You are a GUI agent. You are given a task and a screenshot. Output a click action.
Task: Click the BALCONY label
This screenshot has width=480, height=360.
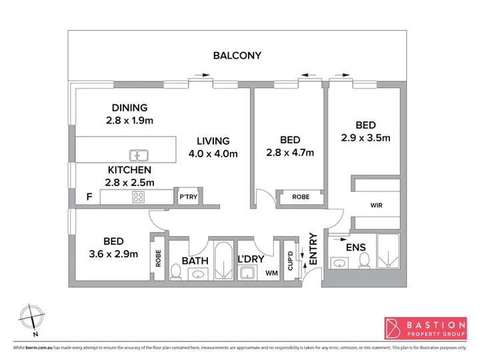tap(237, 55)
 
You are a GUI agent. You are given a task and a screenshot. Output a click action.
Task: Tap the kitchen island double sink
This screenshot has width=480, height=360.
tap(139, 155)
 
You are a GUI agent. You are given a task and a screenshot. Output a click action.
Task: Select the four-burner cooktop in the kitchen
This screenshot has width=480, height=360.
tap(139, 197)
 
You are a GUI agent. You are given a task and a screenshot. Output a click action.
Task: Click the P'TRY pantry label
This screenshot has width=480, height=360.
tap(188, 197)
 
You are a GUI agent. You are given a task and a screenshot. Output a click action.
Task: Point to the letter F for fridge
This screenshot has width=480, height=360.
tap(89, 197)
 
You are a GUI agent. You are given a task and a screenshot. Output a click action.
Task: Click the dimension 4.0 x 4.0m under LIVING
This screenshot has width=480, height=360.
tap(213, 153)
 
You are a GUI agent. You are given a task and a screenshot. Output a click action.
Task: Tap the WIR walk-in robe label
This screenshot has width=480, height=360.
tap(376, 205)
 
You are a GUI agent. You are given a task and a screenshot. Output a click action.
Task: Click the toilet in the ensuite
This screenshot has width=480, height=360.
tap(364, 261)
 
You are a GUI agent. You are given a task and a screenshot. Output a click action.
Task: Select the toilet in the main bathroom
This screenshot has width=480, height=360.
tap(175, 271)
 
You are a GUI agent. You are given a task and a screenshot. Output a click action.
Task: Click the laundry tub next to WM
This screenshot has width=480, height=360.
tap(249, 273)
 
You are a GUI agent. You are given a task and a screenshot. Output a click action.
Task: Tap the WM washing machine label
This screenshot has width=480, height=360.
tap(271, 273)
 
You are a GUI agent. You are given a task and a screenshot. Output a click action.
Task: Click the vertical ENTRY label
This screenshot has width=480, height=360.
tap(313, 249)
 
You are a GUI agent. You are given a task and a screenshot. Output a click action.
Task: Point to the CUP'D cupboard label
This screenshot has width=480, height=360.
tap(290, 261)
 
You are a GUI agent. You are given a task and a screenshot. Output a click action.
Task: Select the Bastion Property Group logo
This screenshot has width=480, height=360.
tap(425, 328)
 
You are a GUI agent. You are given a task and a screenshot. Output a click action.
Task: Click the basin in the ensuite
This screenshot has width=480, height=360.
tap(339, 263)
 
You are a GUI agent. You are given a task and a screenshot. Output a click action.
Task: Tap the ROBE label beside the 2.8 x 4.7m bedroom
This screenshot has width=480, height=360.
tap(301, 197)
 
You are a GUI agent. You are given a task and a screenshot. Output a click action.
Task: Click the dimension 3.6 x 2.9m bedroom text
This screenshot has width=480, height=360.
tap(113, 254)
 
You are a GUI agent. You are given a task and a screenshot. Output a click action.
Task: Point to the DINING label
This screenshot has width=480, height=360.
tap(129, 108)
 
